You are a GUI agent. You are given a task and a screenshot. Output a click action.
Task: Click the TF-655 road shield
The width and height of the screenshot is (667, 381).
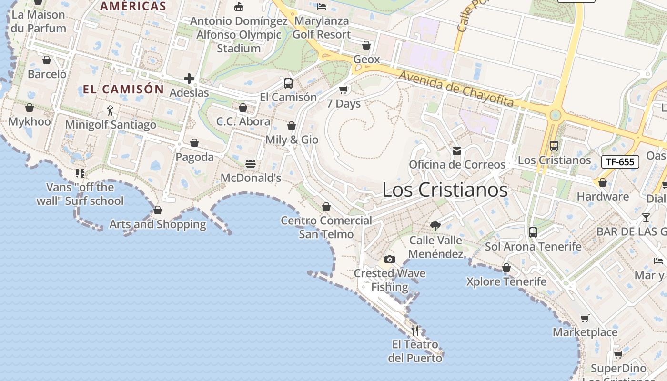[620, 162]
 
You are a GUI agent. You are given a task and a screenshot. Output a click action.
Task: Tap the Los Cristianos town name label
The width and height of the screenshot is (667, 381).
[445, 190]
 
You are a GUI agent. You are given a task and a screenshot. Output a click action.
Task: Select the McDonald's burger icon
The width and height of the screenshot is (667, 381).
[251, 164]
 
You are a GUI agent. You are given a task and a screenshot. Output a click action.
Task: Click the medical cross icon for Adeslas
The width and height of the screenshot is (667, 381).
[189, 79]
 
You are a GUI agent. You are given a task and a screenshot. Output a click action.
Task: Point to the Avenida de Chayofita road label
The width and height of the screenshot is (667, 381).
[456, 89]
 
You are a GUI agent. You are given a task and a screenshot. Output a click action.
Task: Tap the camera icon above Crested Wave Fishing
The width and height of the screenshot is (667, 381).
[390, 259]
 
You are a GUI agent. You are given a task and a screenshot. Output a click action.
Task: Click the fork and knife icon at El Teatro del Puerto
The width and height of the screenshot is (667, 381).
[415, 330]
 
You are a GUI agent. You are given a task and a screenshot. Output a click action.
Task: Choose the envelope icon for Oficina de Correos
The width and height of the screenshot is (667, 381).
[457, 151]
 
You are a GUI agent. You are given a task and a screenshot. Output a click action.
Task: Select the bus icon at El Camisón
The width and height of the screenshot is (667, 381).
[288, 83]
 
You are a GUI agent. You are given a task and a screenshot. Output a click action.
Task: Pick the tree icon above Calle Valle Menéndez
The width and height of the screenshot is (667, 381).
[435, 226]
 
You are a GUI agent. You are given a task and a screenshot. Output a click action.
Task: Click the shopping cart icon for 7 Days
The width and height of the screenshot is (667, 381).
[344, 90]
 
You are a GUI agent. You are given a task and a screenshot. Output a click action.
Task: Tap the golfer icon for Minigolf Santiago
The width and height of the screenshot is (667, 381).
[111, 110]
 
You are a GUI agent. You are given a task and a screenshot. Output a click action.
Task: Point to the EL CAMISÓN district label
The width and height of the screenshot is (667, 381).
[123, 90]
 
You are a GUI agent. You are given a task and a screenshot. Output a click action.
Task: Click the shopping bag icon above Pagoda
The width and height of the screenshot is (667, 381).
[194, 143]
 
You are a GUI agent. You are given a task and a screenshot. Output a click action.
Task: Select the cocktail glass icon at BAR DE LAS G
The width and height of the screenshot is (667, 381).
[646, 218]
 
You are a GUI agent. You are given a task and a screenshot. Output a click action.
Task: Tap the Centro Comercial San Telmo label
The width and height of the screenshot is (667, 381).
[326, 227]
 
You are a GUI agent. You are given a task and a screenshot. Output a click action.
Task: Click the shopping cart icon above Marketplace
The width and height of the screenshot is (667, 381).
[585, 318]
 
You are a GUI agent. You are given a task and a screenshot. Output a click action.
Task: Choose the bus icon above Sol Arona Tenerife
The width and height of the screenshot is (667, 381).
[533, 232]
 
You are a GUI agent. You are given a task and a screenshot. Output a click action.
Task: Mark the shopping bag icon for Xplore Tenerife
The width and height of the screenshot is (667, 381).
[506, 268]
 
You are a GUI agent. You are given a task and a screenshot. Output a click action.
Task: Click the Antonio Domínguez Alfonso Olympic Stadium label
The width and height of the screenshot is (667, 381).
[239, 35]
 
